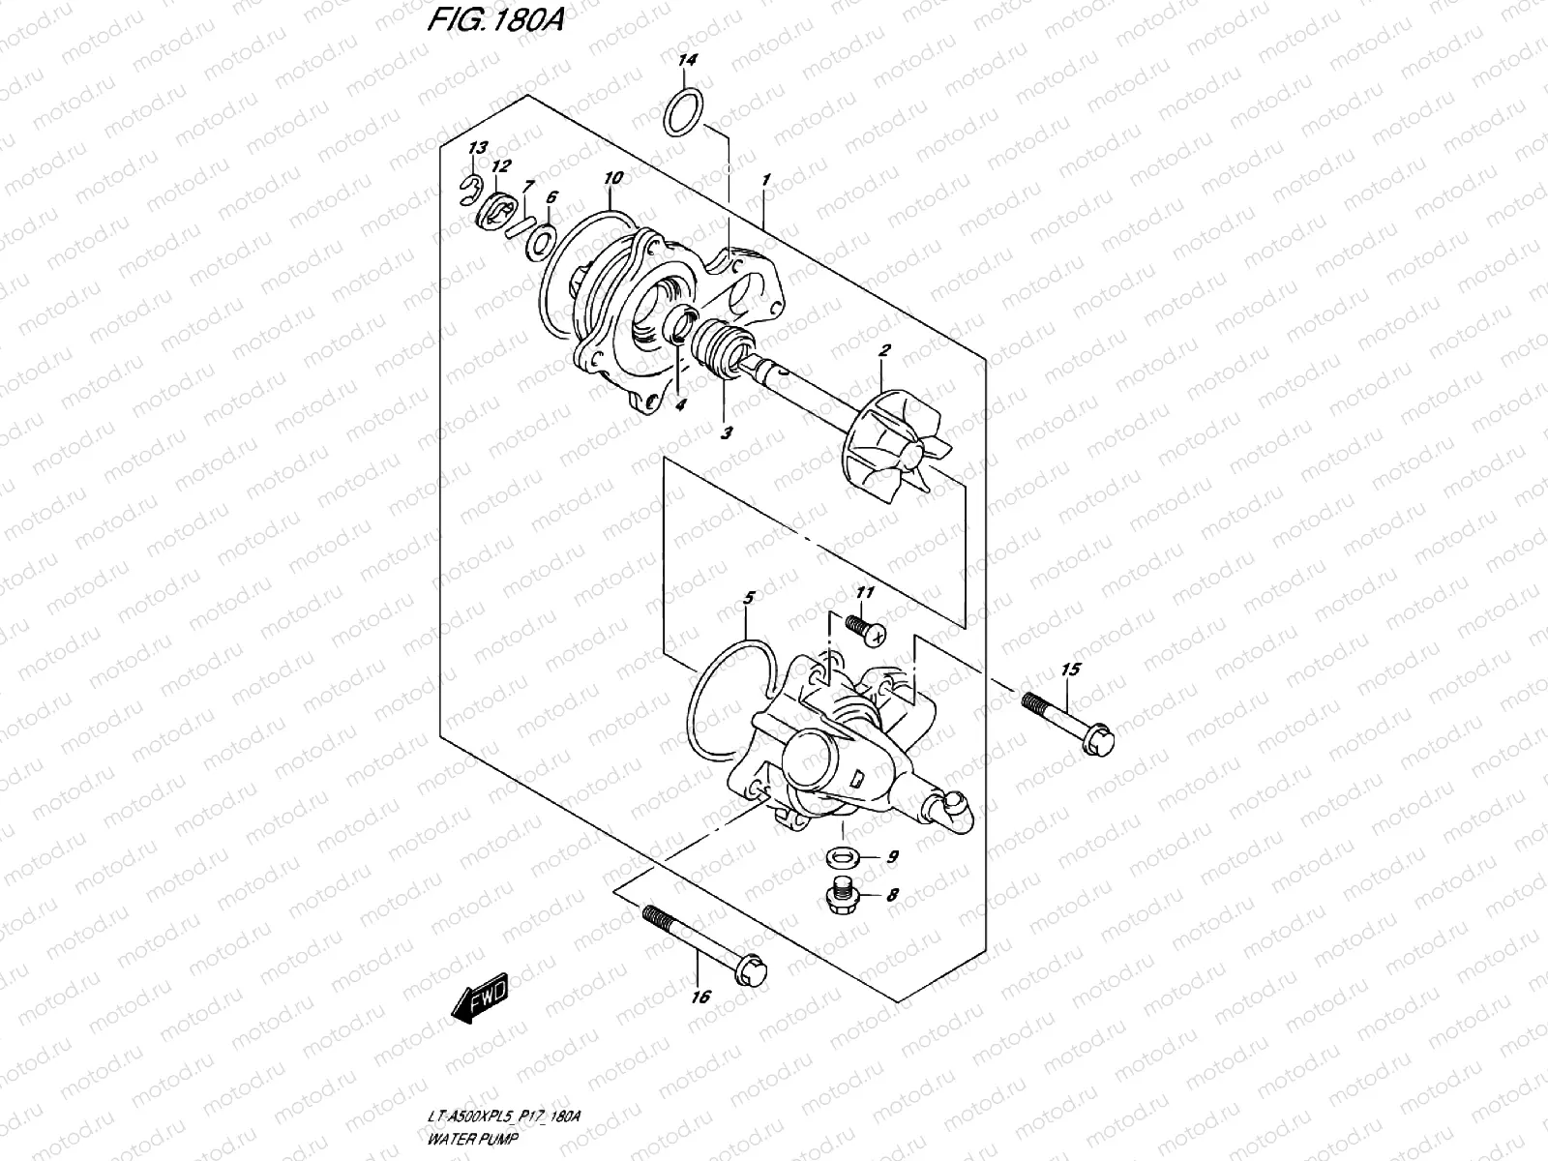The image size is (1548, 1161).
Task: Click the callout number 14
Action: tap(687, 61)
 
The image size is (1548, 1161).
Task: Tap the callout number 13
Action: tap(476, 148)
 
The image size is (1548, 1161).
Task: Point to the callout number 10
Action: tap(613, 178)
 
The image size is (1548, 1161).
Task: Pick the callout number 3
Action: tap(727, 433)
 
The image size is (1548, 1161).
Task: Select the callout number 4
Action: tap(680, 406)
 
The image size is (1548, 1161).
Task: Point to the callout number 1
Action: tap(765, 180)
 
